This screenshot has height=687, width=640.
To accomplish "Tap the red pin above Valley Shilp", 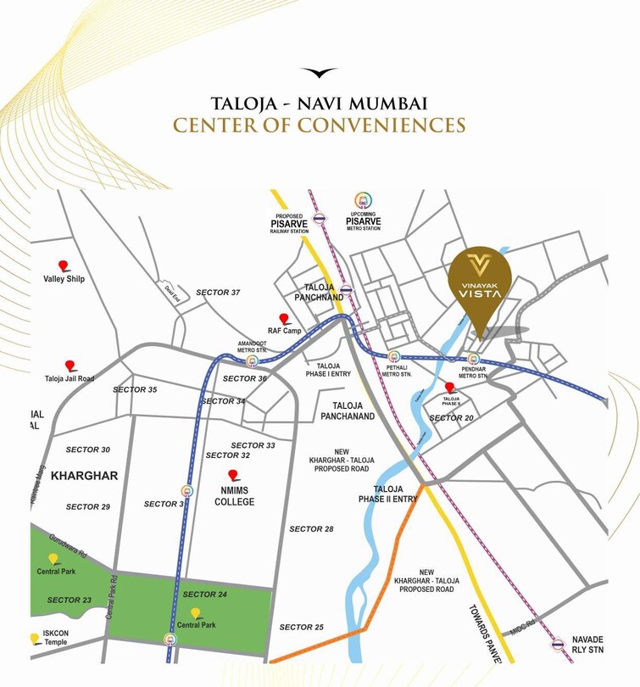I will pos(63,265).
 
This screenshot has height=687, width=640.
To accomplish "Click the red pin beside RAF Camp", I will pos(284,320).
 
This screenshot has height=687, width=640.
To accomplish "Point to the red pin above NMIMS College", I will pos(233,476).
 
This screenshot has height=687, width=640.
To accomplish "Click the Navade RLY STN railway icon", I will pos(557,644).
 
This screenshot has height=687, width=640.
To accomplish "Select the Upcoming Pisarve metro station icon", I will pos(364,202).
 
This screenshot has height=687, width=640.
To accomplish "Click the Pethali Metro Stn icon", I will pos(393,357).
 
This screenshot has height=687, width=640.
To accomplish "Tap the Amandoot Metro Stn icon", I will pos(252,361).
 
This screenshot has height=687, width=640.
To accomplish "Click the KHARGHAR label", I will pos(84,476).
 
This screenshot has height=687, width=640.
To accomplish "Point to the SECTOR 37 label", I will pos(218,293).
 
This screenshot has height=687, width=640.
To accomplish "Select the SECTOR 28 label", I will pos(311,529).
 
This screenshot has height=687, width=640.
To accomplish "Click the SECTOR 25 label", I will pos(301,627).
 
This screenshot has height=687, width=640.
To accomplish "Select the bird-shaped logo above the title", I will pos(319,73).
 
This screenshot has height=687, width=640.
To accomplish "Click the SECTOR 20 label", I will pos(451,418).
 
